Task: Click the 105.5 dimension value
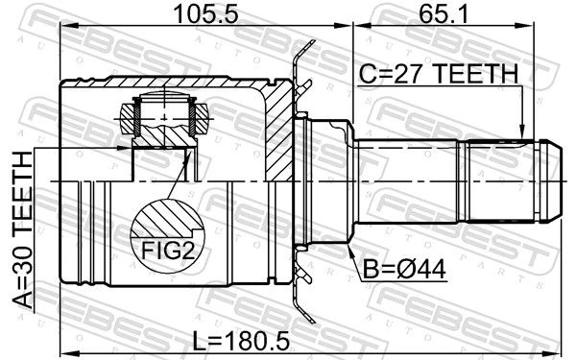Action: click(x=206, y=14)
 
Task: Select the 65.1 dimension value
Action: click(x=444, y=14)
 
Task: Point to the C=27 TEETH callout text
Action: click(x=439, y=74)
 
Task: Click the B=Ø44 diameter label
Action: click(x=404, y=269)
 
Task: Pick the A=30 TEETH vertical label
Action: click(x=22, y=229)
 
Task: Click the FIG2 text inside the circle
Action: click(x=167, y=251)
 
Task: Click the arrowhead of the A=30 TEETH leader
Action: click(x=124, y=148)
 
